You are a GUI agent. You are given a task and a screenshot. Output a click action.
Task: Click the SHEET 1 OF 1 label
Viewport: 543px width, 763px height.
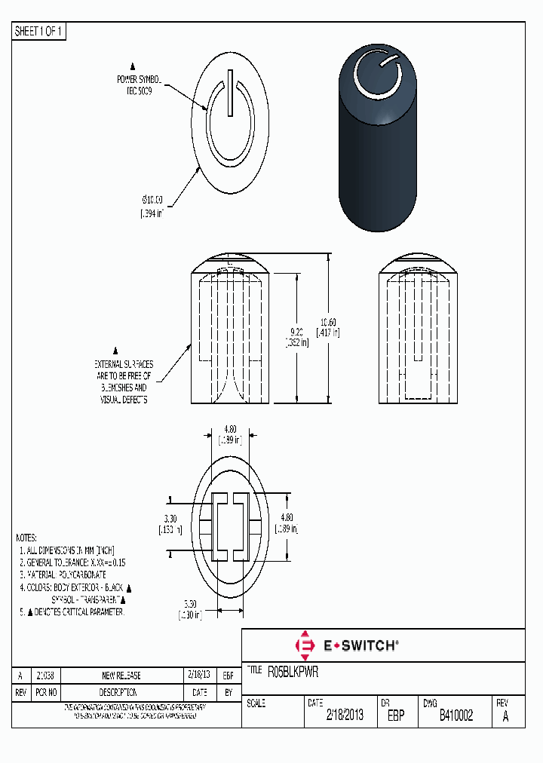(39, 31)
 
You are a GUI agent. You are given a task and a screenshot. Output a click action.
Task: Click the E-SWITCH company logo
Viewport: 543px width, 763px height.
(346, 645)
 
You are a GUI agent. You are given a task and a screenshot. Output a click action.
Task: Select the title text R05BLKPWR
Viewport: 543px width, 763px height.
(293, 670)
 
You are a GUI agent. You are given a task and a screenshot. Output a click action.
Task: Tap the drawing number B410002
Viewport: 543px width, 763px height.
(456, 716)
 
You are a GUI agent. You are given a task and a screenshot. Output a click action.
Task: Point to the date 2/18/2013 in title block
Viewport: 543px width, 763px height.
(345, 716)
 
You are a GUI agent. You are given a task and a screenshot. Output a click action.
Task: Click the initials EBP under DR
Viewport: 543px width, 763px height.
(397, 716)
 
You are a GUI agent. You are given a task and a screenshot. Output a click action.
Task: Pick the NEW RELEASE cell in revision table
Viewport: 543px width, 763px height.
(121, 676)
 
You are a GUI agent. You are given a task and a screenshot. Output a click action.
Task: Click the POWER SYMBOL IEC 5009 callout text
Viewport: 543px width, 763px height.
(139, 84)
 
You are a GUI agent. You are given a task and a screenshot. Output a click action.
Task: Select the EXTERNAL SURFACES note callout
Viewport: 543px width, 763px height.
(124, 381)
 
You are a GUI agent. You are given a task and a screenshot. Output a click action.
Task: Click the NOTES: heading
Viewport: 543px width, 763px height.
(26, 538)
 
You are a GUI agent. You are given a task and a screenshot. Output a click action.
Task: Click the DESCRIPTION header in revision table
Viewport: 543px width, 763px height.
(118, 692)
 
